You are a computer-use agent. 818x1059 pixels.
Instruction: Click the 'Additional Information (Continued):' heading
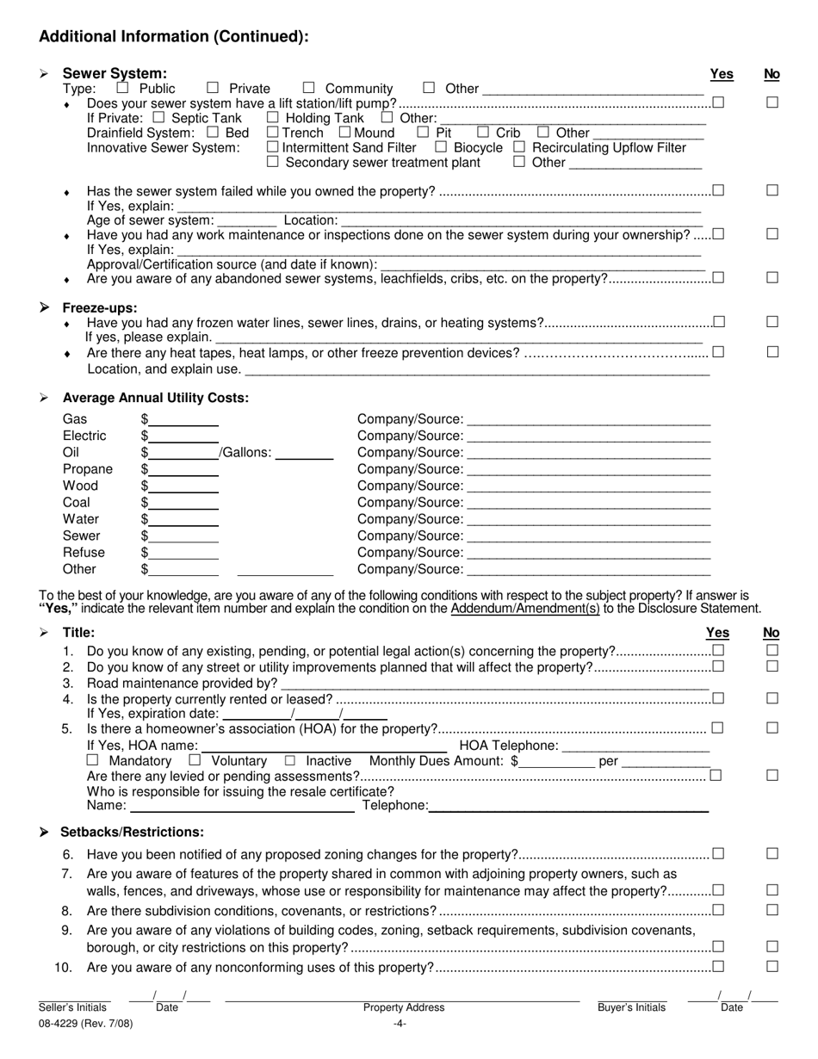click(173, 36)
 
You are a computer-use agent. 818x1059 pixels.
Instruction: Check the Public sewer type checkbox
click(122, 87)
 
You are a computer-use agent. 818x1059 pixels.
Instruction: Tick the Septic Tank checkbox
click(158, 117)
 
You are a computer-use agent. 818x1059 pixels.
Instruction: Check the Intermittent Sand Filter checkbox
click(273, 147)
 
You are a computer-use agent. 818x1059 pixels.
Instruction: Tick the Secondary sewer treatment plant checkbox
click(273, 162)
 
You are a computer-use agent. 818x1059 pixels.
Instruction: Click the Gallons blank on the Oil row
click(304, 453)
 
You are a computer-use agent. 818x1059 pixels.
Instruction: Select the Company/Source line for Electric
click(588, 436)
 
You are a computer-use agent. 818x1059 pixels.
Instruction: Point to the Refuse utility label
click(84, 553)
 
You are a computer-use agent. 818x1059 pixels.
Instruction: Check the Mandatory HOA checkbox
click(93, 760)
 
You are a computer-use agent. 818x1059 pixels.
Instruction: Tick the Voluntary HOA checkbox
click(195, 760)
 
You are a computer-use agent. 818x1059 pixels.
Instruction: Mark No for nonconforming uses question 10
click(772, 966)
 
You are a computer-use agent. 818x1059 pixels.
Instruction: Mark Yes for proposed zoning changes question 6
click(718, 853)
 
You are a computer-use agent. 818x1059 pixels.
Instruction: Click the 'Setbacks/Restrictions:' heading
click(132, 833)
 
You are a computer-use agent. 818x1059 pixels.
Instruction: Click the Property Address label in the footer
click(403, 1007)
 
